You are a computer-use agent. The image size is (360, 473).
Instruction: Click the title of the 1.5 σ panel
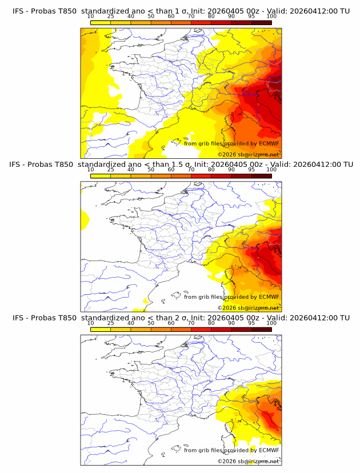181,165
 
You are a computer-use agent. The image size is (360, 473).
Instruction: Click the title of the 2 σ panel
181,318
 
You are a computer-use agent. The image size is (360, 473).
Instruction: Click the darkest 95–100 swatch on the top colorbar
262,22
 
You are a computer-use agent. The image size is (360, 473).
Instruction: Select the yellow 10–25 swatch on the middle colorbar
101,175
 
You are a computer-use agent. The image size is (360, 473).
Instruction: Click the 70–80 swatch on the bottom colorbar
201,328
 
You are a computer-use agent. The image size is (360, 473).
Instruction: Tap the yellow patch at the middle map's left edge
84,218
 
